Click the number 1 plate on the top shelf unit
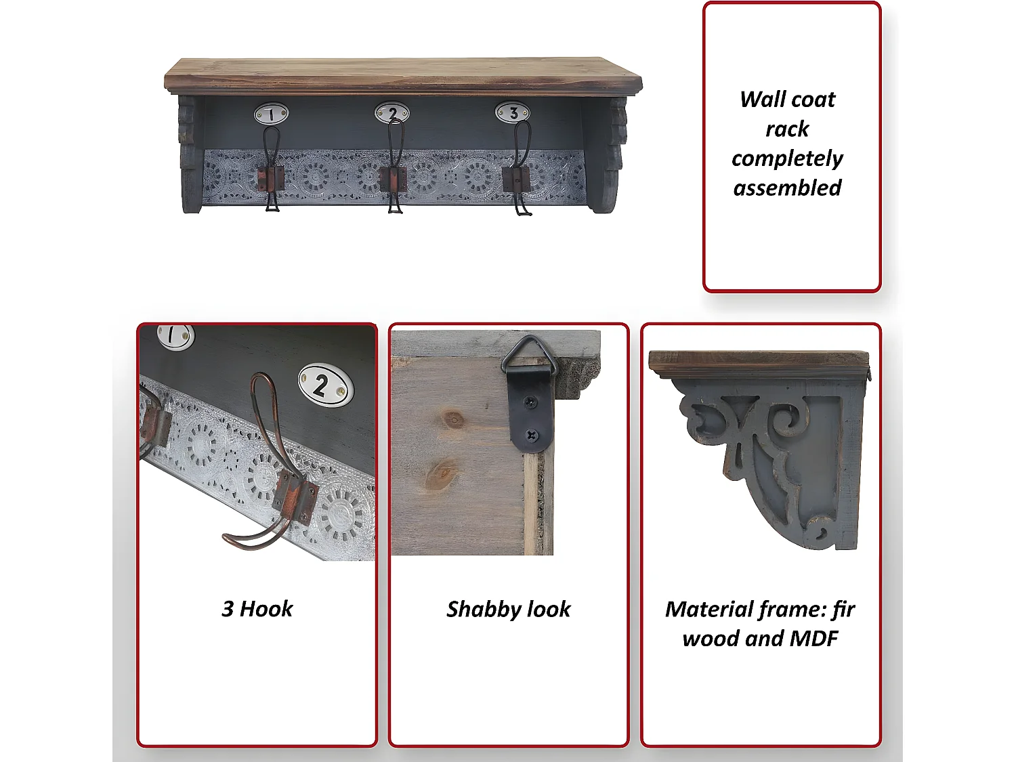click(271, 113)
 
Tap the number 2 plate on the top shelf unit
click(392, 112)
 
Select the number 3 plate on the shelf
click(512, 112)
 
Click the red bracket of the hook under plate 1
click(271, 179)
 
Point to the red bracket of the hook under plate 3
click(516, 179)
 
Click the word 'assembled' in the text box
click(787, 188)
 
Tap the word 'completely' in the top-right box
click(787, 159)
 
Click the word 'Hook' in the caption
click(266, 609)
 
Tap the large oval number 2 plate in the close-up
click(325, 385)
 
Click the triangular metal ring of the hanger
click(530, 356)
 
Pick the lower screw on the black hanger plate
click(532, 435)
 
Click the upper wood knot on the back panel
click(454, 420)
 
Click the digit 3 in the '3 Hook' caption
click(228, 609)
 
